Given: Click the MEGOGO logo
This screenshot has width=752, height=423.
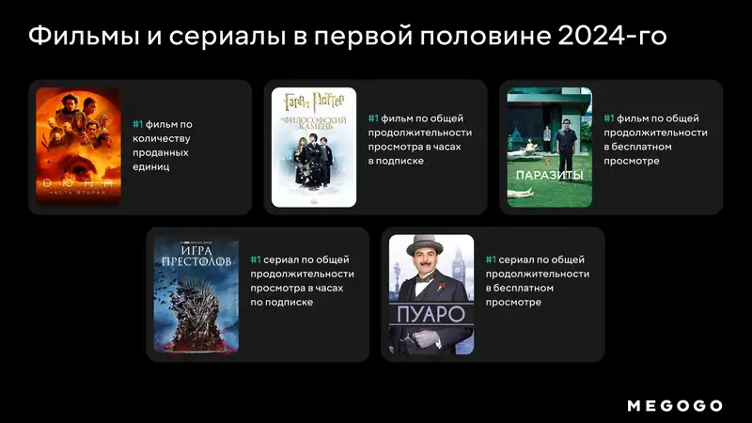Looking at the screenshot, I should coord(675,405).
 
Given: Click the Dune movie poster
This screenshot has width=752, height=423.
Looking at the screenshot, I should coord(78,147).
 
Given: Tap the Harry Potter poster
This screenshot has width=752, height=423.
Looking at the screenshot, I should coord(313,147).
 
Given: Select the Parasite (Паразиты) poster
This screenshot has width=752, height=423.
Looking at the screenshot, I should coord(549,147).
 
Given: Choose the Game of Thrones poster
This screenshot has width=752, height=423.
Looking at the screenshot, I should coord(196,294).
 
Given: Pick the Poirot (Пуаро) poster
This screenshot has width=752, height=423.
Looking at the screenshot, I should coord(431,294).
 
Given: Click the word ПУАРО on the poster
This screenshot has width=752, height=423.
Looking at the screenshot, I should coord(431,314).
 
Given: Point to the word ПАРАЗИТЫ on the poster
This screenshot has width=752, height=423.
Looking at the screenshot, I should coord(549,176).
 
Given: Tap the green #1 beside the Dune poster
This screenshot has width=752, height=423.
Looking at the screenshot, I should coord(137,124).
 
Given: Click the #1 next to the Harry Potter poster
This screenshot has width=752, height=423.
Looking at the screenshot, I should coord(373,118).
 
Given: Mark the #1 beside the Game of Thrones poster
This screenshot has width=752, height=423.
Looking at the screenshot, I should coord(256,259).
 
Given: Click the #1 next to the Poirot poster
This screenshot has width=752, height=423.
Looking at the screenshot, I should coord(491,259).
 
